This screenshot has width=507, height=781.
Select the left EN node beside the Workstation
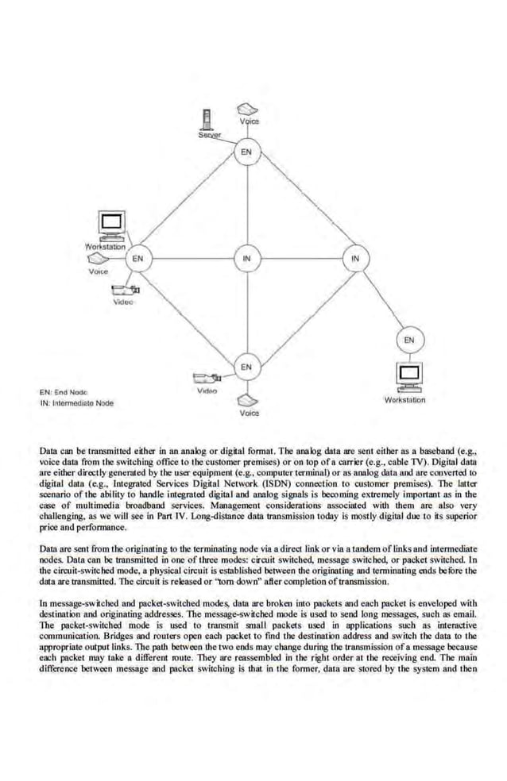point(138,258)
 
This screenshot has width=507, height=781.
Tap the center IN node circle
point(246,258)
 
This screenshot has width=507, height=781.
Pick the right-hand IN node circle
point(354,258)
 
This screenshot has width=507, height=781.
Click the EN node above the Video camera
point(246,366)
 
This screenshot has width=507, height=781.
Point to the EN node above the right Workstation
point(408,340)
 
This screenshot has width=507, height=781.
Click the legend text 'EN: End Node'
point(64,391)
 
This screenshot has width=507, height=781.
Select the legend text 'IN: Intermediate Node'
point(76,403)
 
